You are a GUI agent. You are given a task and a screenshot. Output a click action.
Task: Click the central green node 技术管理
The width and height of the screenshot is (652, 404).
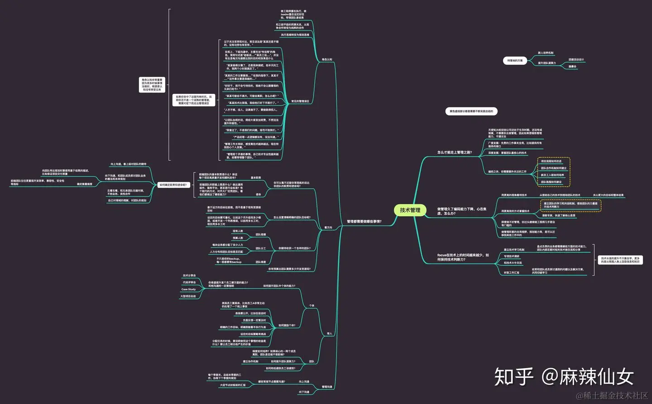tap(410, 210)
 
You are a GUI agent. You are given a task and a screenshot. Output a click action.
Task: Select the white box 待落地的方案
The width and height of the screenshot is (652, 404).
tap(515, 60)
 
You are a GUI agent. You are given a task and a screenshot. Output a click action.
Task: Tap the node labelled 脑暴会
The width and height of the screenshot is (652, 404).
tap(573, 67)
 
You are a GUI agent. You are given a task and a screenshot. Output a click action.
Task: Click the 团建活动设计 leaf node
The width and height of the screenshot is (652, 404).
tap(576, 59)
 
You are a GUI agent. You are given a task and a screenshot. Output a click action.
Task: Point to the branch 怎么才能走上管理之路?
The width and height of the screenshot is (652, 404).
tap(455, 152)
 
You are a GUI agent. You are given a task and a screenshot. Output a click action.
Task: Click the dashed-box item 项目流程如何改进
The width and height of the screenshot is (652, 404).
tap(551, 161)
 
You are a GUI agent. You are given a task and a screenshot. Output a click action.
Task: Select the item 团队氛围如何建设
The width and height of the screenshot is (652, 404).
tap(551, 182)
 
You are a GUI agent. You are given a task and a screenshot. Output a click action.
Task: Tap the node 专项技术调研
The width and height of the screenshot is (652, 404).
tap(512, 256)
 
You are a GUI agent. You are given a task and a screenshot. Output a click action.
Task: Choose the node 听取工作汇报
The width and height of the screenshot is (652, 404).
tap(512, 273)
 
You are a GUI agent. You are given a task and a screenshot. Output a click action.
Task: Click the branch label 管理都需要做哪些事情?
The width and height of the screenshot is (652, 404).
tap(364, 222)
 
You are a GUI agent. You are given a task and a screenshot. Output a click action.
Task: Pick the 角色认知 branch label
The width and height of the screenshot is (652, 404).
tap(327, 59)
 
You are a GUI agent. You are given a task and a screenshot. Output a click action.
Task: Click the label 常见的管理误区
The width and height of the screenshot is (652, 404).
tap(300, 101)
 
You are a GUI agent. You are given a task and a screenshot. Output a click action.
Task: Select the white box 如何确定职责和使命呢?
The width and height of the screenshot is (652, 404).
tap(173, 185)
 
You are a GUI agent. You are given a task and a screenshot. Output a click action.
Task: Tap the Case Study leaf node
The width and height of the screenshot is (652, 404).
tap(188, 289)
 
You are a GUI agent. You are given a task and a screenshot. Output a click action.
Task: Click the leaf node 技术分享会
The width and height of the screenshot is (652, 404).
tap(189, 275)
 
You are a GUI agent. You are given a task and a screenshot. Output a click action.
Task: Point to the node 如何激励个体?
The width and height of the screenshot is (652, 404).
tap(287, 325)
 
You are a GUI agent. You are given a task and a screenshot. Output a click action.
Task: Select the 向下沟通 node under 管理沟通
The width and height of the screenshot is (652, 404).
tap(304, 392)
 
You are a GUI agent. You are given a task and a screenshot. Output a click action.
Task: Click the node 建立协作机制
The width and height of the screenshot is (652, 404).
tap(250, 361)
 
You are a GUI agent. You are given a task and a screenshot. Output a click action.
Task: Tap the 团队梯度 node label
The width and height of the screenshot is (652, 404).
tap(261, 262)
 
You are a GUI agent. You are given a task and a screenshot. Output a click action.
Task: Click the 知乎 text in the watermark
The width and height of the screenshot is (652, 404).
tap(514, 377)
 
